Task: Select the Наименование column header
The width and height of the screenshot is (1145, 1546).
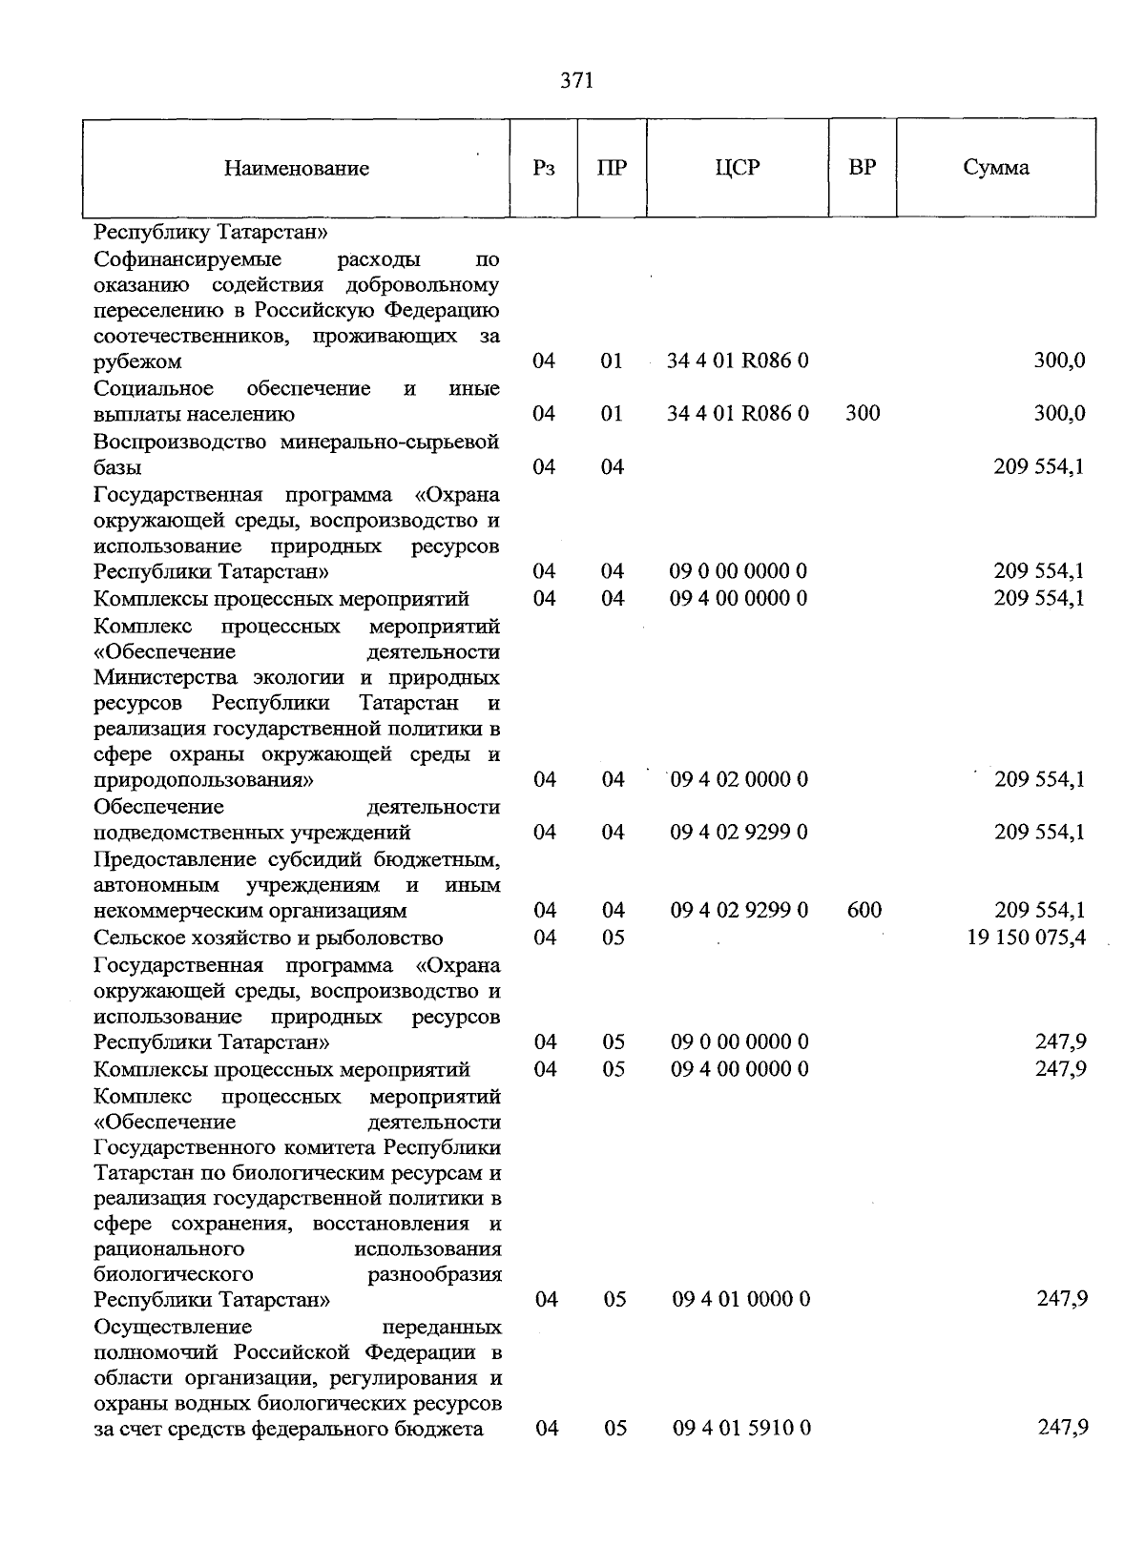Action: tap(297, 169)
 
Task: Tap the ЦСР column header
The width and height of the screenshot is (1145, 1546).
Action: tap(738, 168)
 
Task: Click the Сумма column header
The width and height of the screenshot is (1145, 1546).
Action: tap(995, 168)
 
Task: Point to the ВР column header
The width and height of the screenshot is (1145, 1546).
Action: tap(862, 168)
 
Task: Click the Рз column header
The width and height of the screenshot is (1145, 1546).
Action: tap(544, 169)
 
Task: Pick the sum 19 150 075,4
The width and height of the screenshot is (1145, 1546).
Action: tap(1026, 938)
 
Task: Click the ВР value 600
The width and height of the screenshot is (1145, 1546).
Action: tap(864, 910)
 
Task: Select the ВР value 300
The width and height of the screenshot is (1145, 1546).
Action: tap(863, 414)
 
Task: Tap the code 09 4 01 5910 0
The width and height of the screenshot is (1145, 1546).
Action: tap(741, 1428)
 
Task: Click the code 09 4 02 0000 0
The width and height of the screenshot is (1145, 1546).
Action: tap(739, 779)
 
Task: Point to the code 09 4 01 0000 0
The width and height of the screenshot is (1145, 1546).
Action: tap(741, 1299)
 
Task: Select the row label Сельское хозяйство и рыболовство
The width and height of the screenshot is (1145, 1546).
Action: tap(268, 938)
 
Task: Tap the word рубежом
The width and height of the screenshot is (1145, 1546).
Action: tap(137, 362)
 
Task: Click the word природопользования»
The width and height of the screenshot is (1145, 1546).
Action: tap(204, 780)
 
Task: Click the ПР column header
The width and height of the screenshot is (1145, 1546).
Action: tap(612, 169)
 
